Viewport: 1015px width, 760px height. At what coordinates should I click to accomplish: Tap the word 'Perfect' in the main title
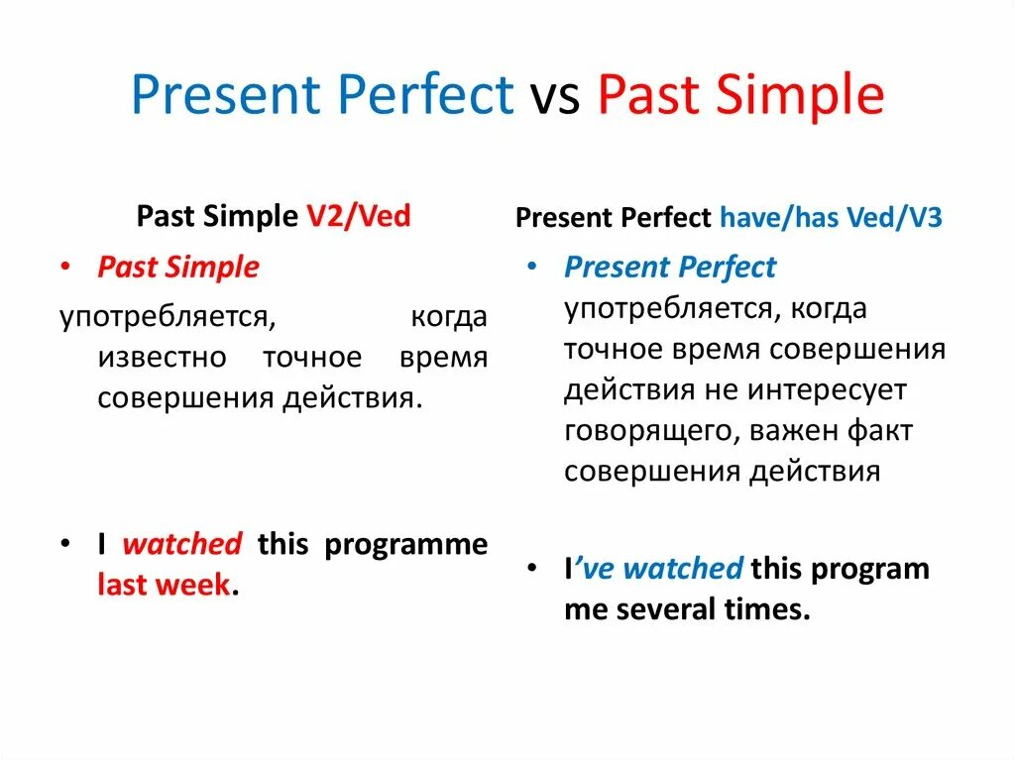[425, 93]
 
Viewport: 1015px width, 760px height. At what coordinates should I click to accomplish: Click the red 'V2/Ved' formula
[359, 216]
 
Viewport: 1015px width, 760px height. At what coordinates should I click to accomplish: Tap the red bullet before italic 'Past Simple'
[65, 267]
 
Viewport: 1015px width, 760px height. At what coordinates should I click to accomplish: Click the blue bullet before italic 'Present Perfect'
[532, 267]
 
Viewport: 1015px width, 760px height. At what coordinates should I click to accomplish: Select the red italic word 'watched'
[182, 544]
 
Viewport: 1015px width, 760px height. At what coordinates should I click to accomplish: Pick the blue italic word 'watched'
[682, 569]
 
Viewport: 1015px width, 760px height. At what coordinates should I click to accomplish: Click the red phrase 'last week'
[164, 584]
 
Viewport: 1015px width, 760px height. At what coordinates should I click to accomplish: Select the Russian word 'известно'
[162, 358]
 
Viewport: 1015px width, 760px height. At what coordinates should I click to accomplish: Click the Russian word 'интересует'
[827, 390]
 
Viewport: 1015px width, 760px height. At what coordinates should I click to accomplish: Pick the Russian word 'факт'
[880, 430]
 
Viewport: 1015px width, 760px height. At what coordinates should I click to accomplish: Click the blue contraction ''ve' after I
[594, 569]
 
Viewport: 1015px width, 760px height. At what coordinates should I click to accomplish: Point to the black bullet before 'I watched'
[65, 544]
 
